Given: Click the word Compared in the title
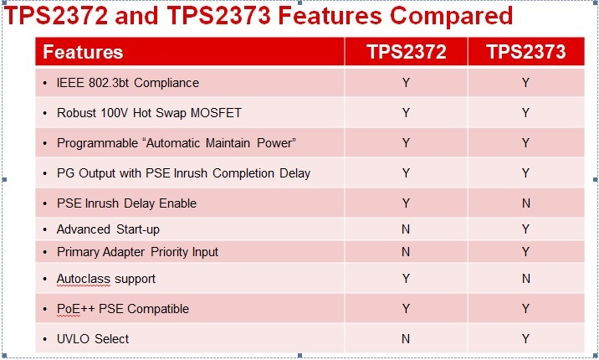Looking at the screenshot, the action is (x=451, y=17).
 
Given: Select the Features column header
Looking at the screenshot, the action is (x=83, y=52).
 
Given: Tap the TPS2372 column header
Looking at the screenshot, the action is (x=406, y=52).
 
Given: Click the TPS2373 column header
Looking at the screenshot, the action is (x=526, y=52).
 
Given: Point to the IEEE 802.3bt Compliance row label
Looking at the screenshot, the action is (x=128, y=83).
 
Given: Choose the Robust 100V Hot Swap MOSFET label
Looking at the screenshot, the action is (x=149, y=113).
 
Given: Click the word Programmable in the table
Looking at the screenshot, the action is (x=97, y=143).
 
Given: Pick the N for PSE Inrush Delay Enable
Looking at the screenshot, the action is (x=526, y=203).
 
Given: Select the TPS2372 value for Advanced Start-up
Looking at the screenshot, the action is (x=406, y=229).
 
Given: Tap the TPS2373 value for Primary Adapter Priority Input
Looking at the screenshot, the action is (x=526, y=252).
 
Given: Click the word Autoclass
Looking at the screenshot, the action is (x=84, y=279).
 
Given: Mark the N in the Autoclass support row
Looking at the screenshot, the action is (x=526, y=279).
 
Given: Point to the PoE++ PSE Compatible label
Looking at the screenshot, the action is (x=123, y=309).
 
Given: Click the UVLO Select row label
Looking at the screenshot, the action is (x=93, y=339).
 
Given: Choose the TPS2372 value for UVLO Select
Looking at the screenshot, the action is (x=406, y=339).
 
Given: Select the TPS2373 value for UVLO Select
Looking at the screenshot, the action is (x=526, y=339).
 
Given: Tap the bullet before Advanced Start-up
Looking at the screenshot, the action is (x=45, y=229).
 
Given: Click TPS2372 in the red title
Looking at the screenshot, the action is (x=56, y=17).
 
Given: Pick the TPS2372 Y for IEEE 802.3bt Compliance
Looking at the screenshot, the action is (x=406, y=83).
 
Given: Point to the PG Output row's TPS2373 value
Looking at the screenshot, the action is (x=526, y=173).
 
